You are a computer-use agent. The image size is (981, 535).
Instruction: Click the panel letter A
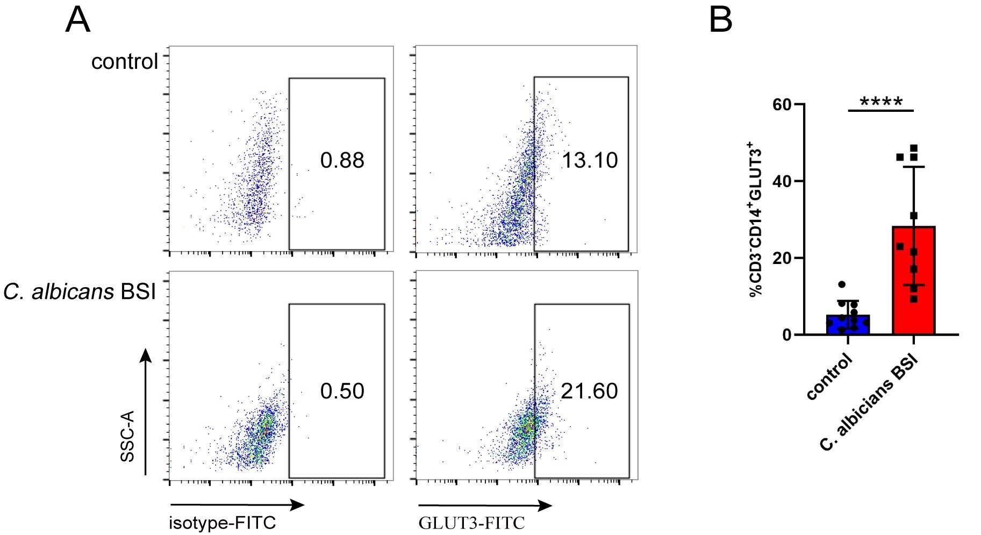[x=78, y=22]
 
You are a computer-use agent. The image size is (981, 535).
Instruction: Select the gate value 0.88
[x=342, y=160]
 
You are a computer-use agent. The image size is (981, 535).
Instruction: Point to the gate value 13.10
[x=590, y=160]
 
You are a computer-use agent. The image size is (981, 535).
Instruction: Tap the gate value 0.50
[x=342, y=391]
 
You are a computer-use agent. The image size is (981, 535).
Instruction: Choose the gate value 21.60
[x=589, y=391]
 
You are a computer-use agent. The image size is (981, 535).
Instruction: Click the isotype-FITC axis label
[x=222, y=523]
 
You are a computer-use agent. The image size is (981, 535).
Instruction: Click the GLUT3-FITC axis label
[x=471, y=523]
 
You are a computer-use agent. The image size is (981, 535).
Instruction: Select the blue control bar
[x=848, y=325]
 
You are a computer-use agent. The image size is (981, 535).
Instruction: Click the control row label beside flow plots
[x=125, y=61]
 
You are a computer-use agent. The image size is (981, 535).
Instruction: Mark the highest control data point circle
[x=842, y=284]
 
